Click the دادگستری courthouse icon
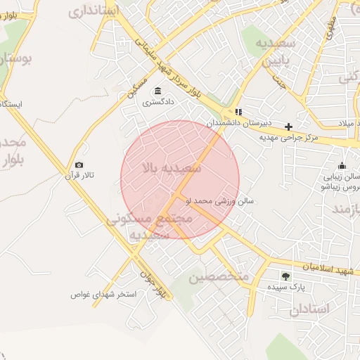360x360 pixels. click(156, 91)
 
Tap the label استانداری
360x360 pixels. click(94, 11)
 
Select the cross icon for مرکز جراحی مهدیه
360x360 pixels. click(288, 127)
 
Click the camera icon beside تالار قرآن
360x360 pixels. click(79, 165)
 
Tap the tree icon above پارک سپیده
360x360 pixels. click(285, 276)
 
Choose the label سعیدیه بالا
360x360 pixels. click(172, 168)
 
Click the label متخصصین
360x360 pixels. click(219, 276)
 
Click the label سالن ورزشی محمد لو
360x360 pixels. click(219, 200)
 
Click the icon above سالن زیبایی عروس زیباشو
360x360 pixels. click(342, 166)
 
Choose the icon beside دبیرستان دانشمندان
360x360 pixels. click(238, 112)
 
